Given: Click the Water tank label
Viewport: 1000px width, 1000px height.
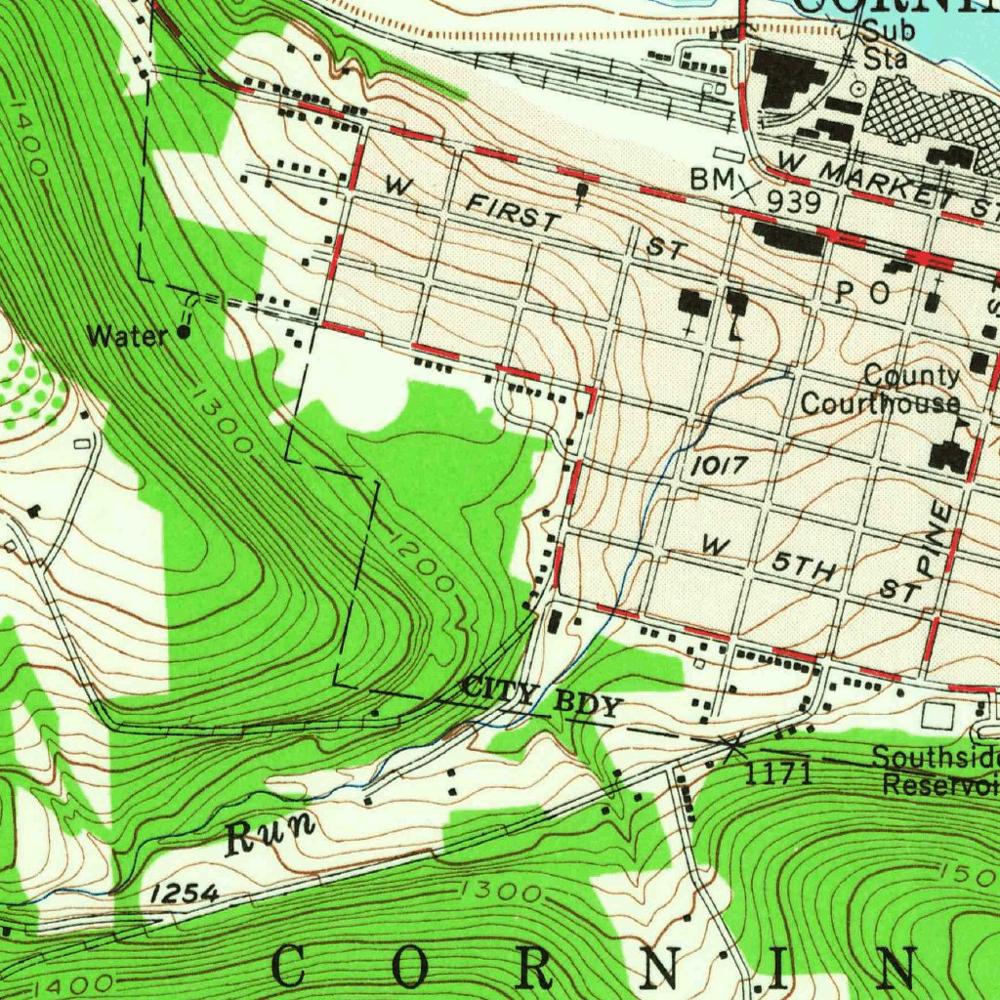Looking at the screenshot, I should [x=127, y=337].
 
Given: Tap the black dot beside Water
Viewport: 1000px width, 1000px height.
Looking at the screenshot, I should [x=185, y=333].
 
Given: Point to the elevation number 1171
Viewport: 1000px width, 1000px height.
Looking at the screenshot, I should [x=778, y=774].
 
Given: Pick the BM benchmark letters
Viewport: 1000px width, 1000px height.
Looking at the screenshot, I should [x=709, y=180].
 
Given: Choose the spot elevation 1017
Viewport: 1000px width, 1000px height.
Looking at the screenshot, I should [x=721, y=468].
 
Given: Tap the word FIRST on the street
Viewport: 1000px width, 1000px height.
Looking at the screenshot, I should [x=512, y=212].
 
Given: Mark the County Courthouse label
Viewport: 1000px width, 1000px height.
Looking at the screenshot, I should [x=881, y=390].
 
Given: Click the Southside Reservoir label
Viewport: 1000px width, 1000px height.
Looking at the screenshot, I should [x=936, y=771].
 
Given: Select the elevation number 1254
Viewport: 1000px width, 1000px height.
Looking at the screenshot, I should [x=185, y=894].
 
